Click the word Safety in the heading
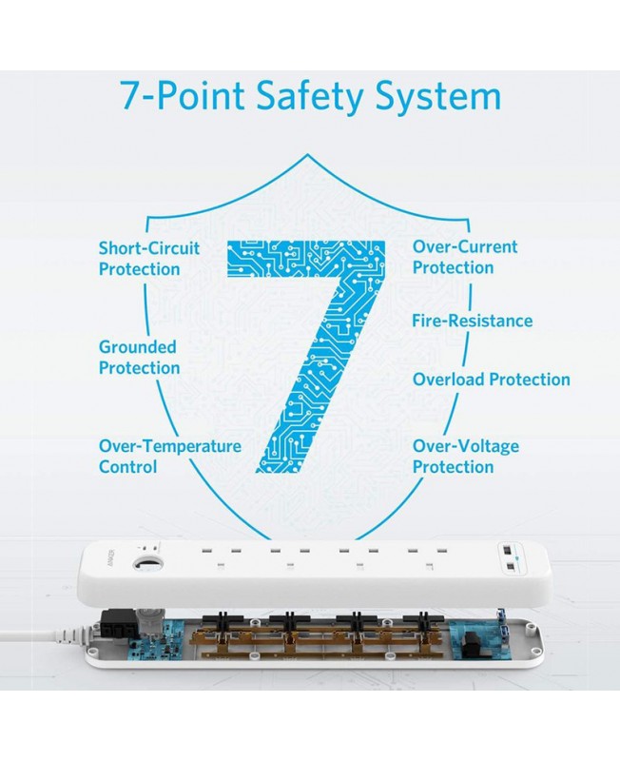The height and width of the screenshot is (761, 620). click(x=308, y=96)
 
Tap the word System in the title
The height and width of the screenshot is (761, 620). click(x=438, y=96)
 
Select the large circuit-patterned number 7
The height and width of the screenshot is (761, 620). click(x=306, y=356)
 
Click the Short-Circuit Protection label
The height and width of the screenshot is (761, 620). click(x=149, y=258)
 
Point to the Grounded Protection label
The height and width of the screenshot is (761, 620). click(x=139, y=358)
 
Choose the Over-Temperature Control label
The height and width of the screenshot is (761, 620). click(x=170, y=457)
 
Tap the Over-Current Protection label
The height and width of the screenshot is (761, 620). click(x=465, y=257)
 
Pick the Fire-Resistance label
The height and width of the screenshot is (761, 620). click(x=472, y=321)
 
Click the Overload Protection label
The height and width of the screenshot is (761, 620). click(x=491, y=379)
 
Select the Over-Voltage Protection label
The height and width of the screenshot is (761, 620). click(x=465, y=457)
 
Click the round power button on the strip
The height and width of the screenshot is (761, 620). click(x=147, y=565)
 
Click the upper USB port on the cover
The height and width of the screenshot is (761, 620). click(x=506, y=551)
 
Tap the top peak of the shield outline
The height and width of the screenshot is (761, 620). click(x=307, y=154)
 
